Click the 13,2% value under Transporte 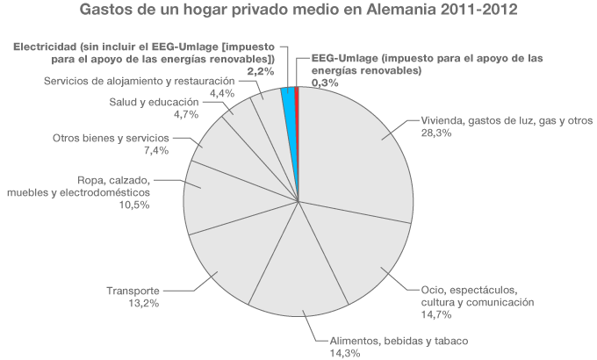(x=142, y=303)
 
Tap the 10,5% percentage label (x=132, y=205)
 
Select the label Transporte (x=132, y=292)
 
